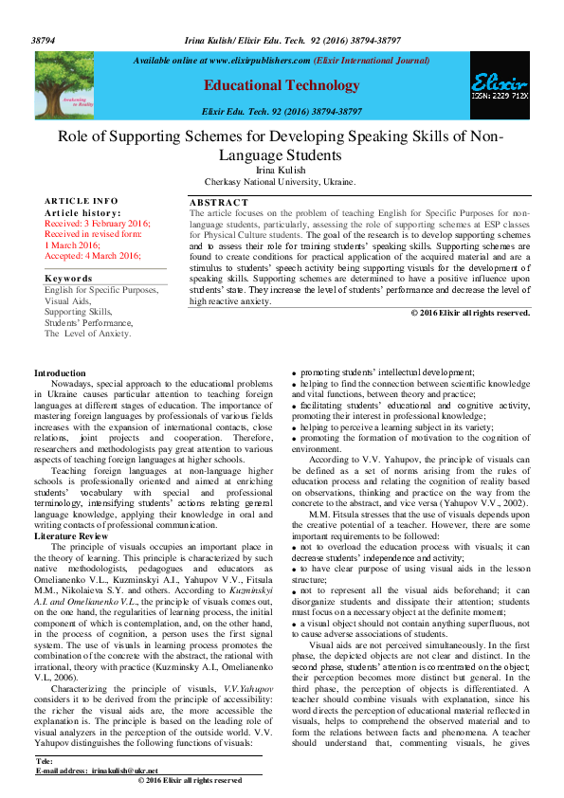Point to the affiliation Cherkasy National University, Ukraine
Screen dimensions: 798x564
(281, 181)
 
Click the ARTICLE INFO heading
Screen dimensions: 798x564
(82, 201)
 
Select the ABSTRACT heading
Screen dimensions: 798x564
(218, 203)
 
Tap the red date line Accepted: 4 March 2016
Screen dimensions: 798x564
(92, 256)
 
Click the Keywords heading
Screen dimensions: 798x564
(70, 279)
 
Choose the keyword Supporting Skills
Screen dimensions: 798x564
(78, 312)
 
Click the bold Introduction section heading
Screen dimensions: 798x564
(60, 373)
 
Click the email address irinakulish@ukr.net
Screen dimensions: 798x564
(124, 771)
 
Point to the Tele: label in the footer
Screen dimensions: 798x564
(45, 761)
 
